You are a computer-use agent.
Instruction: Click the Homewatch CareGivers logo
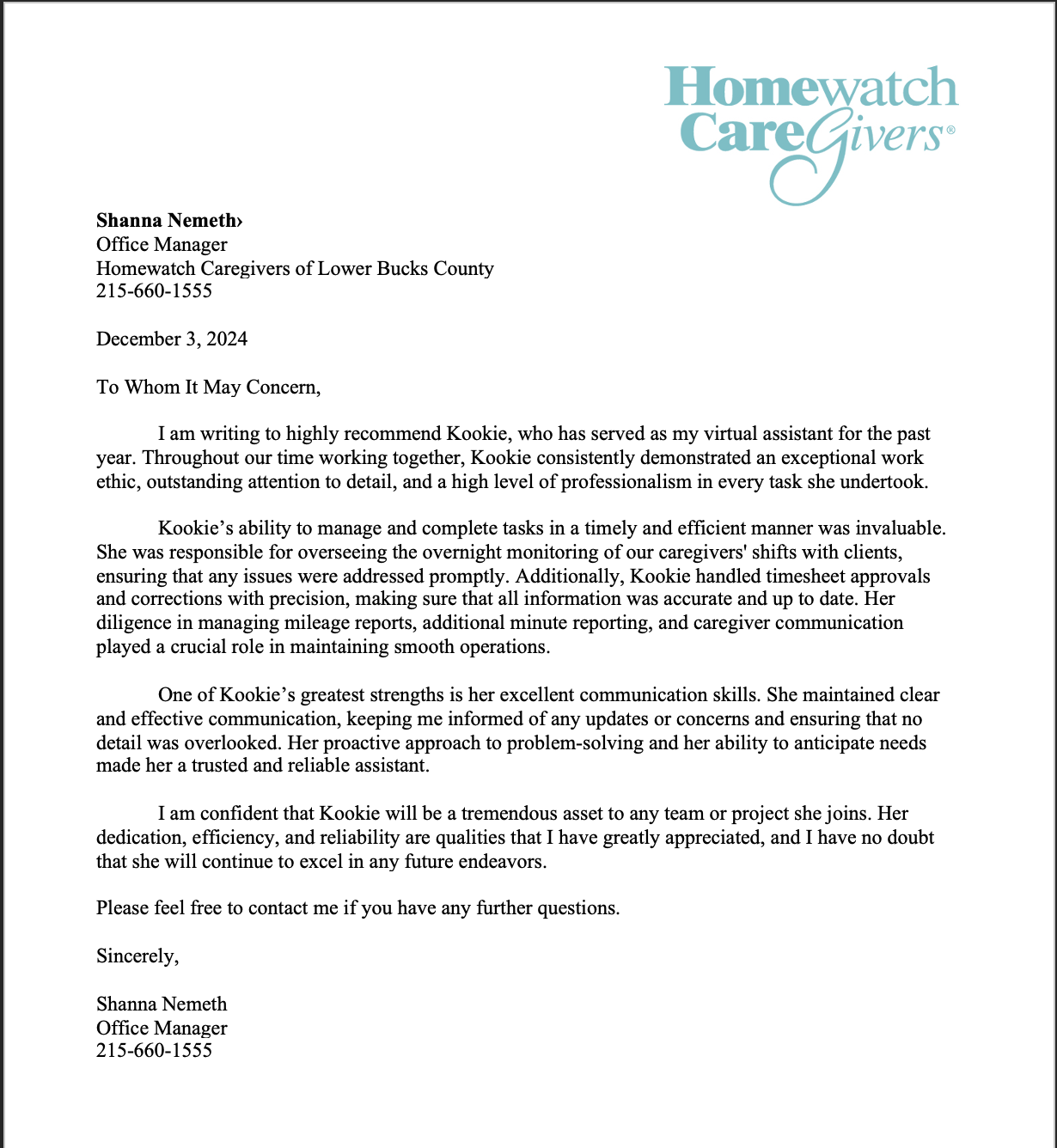point(810,129)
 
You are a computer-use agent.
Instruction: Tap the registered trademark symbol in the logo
point(950,131)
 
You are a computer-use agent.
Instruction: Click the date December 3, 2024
point(172,339)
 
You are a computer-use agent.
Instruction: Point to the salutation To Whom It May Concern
point(208,387)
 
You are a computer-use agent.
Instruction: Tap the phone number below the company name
point(154,290)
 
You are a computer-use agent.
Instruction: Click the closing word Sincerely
point(137,956)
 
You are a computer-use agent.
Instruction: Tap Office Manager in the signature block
point(162,1028)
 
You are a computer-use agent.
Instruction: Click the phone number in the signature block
point(154,1050)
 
